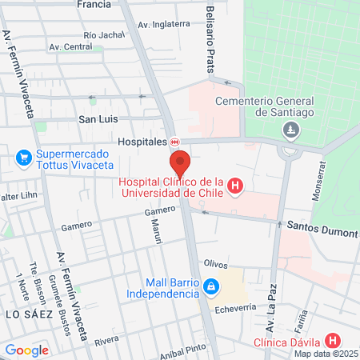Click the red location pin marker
click(x=180, y=162)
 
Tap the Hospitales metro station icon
click(x=174, y=142)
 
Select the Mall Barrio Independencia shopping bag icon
click(x=210, y=286)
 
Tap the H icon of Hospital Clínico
click(x=234, y=187)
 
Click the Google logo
click(x=26, y=350)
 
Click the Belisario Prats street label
click(x=210, y=38)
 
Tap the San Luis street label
click(x=98, y=119)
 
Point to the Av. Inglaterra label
click(x=164, y=25)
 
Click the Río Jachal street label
click(x=104, y=35)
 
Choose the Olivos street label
click(x=216, y=264)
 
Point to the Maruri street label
click(x=156, y=232)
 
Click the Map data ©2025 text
click(x=326, y=354)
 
